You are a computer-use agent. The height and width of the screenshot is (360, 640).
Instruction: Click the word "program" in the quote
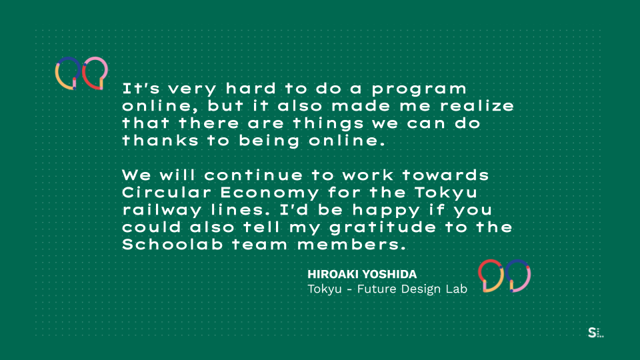[x=419, y=89]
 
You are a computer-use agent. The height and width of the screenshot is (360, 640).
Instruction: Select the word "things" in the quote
[x=328, y=124]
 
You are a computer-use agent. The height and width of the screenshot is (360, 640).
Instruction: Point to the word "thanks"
[x=161, y=141]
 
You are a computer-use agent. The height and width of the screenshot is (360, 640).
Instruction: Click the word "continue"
[x=253, y=175]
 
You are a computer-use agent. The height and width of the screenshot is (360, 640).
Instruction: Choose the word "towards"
[x=445, y=175]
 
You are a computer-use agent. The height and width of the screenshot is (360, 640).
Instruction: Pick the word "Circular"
[x=167, y=192]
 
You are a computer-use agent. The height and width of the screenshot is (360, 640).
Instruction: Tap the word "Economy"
[x=269, y=193]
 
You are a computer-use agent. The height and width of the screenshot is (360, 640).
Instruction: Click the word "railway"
[x=162, y=211]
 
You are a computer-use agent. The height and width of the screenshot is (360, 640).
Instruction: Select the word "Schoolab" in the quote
[x=173, y=245]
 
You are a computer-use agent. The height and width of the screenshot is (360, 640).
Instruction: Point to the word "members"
[x=352, y=245]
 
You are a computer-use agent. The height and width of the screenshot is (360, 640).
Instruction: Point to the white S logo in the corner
[x=592, y=333]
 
